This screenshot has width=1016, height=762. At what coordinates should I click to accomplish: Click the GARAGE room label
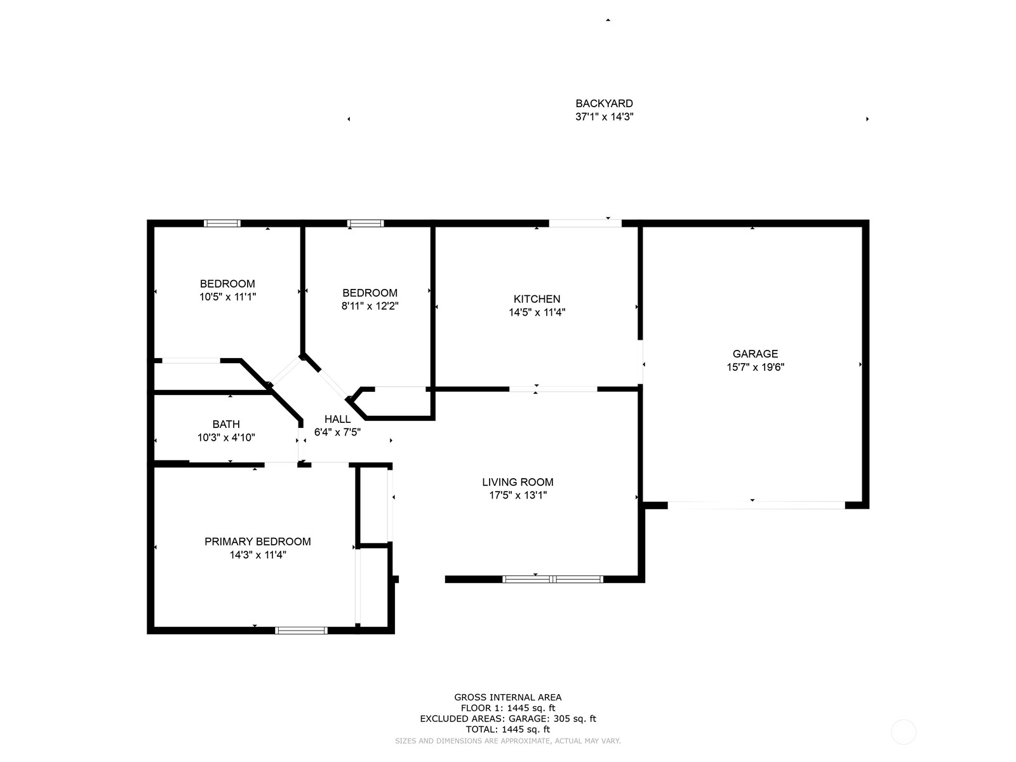755,354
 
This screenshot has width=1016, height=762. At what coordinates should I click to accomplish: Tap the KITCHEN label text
537,299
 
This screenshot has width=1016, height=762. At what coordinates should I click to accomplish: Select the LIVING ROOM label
518,482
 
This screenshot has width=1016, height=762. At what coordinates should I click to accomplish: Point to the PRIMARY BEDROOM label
257,541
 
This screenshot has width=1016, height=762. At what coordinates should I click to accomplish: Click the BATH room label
226,424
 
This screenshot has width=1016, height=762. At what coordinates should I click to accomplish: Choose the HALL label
337,419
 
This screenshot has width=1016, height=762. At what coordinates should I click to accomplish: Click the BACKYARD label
604,104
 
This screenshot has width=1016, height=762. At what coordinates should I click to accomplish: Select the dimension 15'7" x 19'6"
756,368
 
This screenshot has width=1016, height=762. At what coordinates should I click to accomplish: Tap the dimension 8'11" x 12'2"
370,306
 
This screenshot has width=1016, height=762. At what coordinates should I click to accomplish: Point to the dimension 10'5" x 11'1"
228,297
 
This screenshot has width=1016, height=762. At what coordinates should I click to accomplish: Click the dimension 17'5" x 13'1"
518,495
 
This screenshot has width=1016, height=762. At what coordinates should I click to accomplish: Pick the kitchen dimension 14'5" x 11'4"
537,312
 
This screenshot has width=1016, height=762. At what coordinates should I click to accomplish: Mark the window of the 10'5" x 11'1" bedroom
222,224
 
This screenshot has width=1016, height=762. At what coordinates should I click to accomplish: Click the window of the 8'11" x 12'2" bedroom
366,224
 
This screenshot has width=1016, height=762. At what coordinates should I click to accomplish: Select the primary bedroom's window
302,630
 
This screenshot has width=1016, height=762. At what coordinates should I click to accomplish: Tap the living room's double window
552,578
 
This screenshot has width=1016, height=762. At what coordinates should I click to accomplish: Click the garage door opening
756,505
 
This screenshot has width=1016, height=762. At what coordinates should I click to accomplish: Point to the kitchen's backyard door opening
585,224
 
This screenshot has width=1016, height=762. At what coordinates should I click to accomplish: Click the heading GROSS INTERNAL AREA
508,697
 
